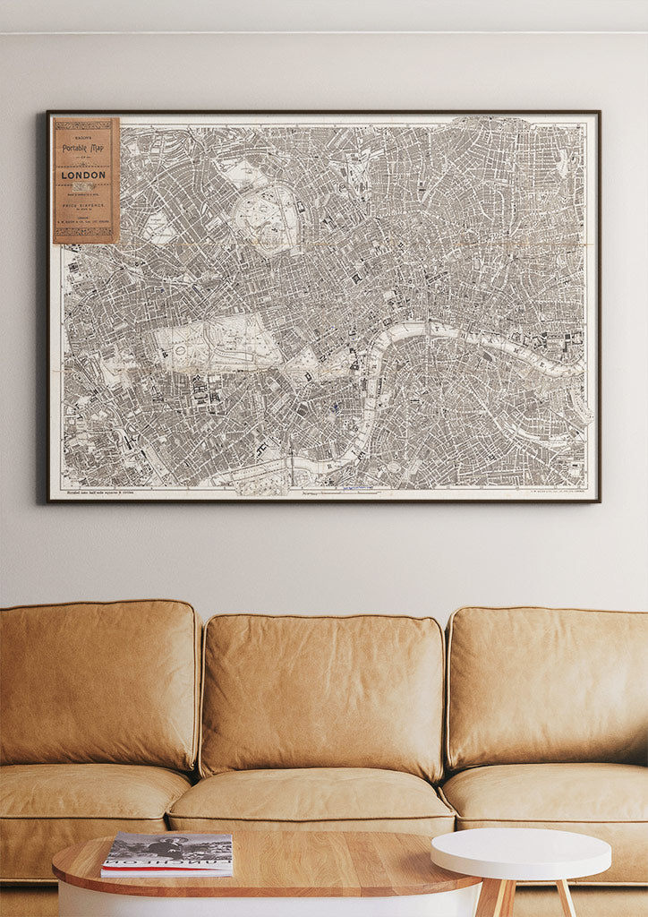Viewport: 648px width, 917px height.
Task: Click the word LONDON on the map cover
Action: [84, 175]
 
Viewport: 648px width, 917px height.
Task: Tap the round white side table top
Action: [520, 852]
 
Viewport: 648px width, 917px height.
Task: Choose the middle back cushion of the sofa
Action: [322, 694]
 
